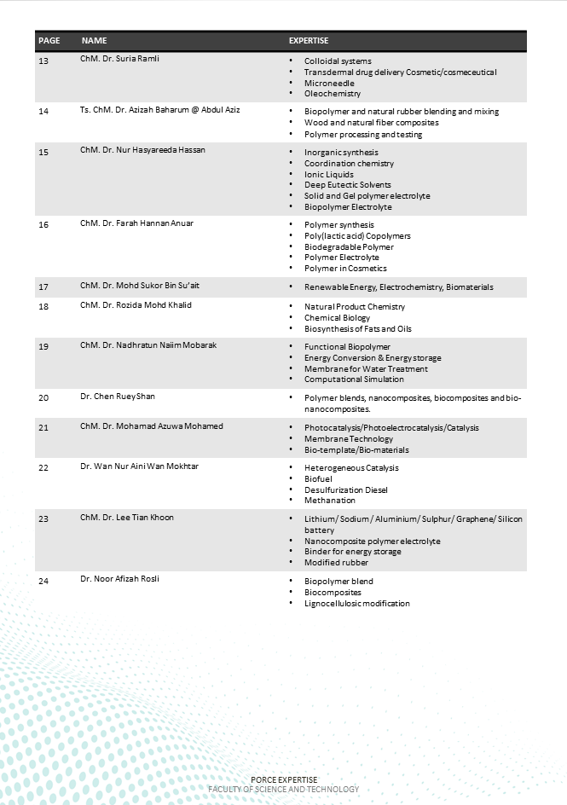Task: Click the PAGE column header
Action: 49,41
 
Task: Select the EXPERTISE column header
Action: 309,41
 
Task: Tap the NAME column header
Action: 94,41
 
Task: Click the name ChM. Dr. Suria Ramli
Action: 119,59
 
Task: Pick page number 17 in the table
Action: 43,287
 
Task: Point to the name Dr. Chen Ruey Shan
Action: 118,397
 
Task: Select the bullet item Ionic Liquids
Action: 329,174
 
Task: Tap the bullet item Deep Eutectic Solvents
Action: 348,185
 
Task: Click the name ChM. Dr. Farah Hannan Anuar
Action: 136,223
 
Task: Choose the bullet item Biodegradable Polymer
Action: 349,246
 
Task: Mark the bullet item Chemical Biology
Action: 337,318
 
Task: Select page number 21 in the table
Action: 43,427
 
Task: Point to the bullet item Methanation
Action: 330,501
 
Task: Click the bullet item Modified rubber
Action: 335,562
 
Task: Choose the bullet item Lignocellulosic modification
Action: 356,604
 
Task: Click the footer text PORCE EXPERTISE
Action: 284,779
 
